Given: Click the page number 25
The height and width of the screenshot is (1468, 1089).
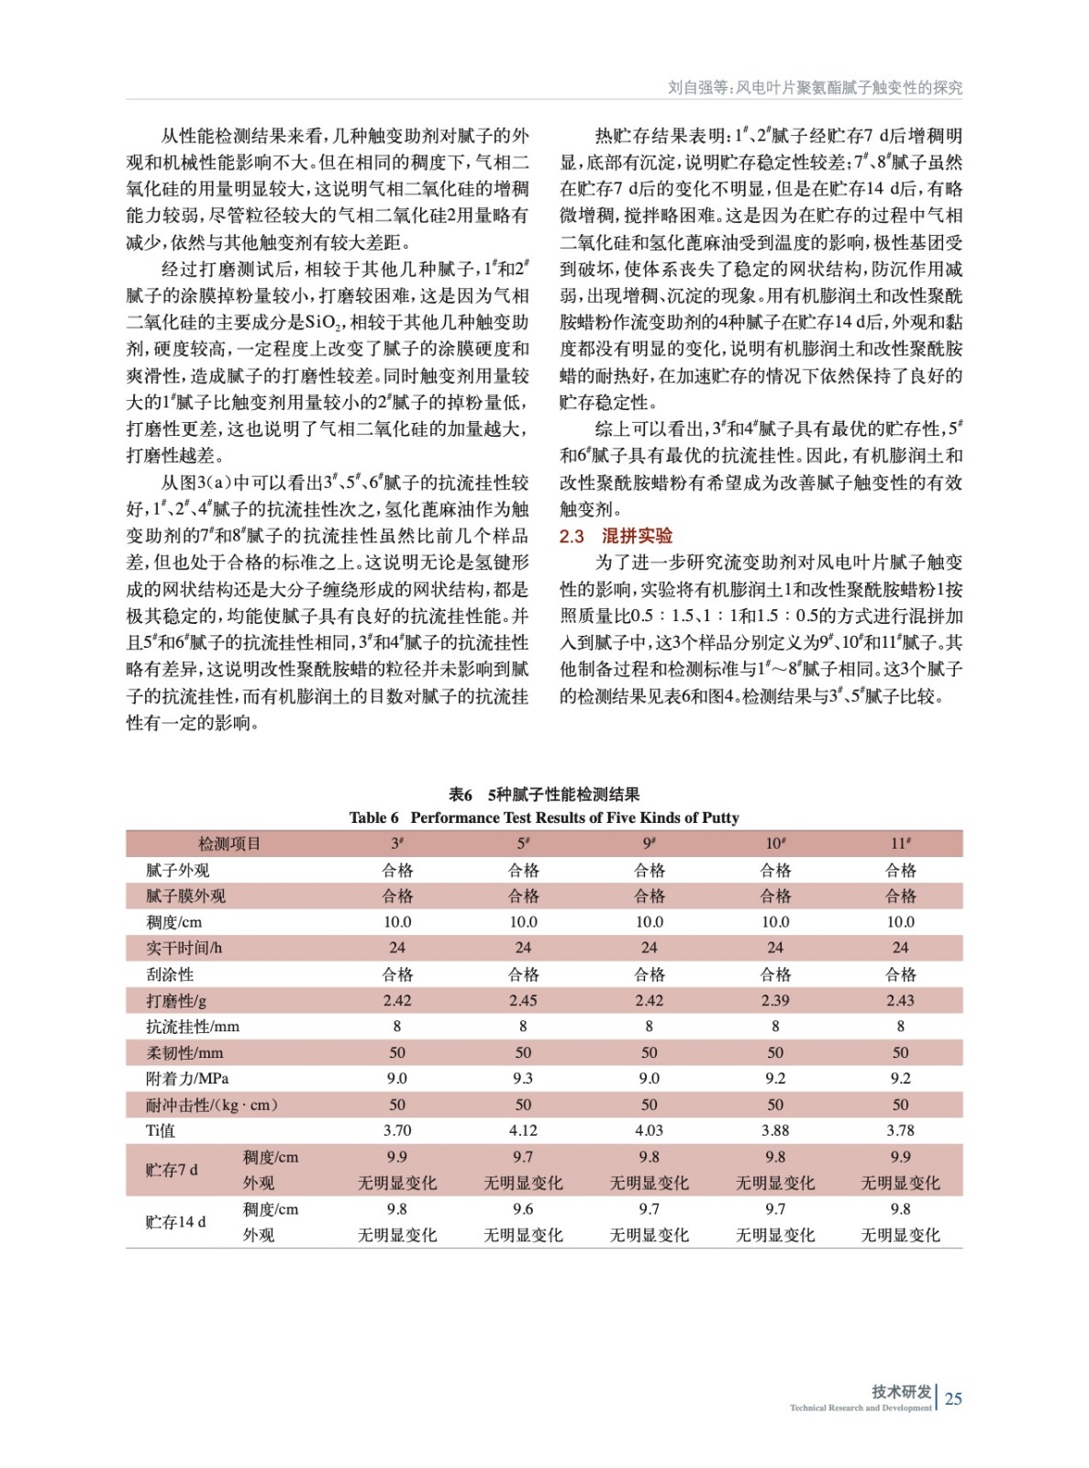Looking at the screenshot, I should (953, 1398).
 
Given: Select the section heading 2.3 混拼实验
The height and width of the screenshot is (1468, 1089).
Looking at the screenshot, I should (616, 536).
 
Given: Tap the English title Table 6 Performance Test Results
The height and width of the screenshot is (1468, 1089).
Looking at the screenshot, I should (544, 817).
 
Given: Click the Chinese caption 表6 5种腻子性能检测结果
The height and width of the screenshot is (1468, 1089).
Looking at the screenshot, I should (544, 795).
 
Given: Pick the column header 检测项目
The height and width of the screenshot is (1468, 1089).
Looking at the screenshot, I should (229, 843).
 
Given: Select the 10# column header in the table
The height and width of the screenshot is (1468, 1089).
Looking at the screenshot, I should (775, 843).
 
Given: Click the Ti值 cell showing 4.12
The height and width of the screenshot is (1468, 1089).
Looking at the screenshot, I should (523, 1130).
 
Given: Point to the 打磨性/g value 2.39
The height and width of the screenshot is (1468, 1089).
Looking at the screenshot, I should (775, 1000).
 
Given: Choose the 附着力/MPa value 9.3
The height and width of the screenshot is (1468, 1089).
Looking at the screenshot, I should (523, 1078).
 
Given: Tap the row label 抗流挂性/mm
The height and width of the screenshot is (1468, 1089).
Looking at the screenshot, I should (193, 1027).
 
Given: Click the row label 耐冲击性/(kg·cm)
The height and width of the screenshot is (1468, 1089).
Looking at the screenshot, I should (212, 1105).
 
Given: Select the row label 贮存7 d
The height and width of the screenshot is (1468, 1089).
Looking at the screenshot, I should (172, 1170).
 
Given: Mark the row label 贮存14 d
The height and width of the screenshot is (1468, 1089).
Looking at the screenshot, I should (175, 1222).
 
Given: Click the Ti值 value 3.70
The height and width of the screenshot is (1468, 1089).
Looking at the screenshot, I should (397, 1130).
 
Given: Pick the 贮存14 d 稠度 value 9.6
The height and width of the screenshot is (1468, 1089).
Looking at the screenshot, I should (523, 1209).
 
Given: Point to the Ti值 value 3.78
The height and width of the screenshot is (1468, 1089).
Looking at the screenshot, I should (900, 1130).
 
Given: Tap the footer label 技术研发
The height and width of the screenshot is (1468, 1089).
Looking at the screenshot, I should (901, 1391).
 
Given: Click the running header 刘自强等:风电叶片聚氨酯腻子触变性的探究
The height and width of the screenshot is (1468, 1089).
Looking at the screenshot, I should (815, 88).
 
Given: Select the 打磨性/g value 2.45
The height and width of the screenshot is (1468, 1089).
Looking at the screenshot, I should (523, 1000).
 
